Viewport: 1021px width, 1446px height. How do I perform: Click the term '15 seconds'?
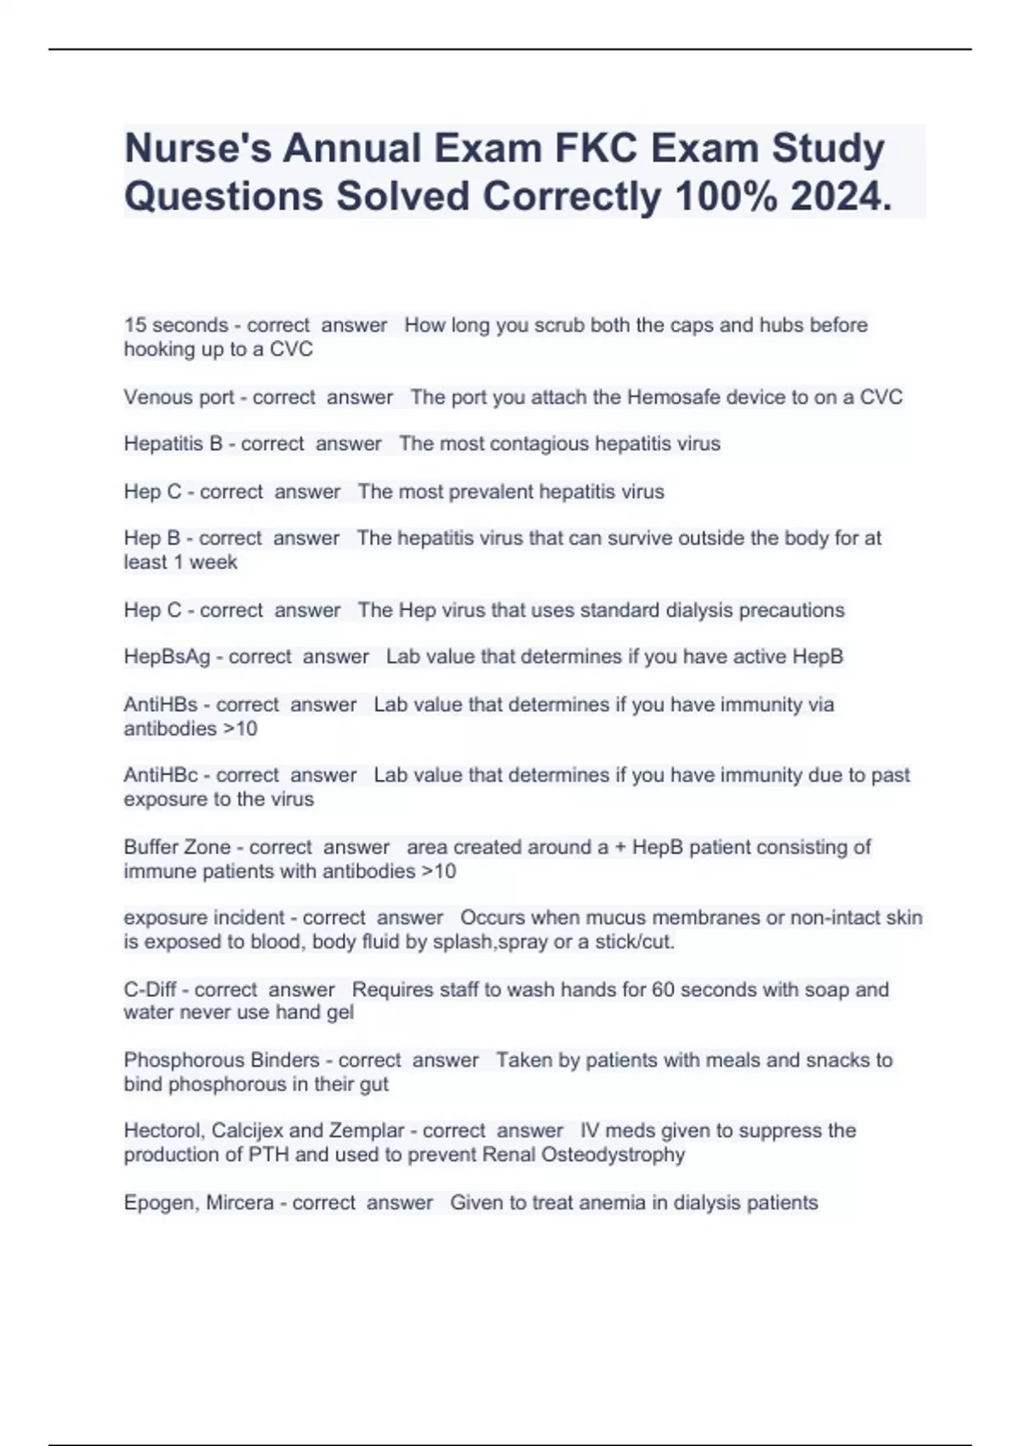[176, 325]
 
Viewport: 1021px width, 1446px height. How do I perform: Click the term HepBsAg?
[167, 657]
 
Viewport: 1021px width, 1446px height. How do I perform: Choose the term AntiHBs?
[161, 704]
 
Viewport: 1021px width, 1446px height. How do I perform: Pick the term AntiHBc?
[161, 775]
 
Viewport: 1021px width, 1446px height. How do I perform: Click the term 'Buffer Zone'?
[177, 847]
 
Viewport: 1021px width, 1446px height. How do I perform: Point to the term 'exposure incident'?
[204, 918]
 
